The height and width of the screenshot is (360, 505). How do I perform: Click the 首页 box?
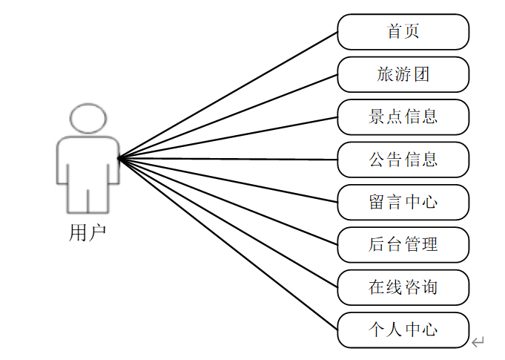pyautogui.click(x=403, y=32)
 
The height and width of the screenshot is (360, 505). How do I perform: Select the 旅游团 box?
pyautogui.click(x=403, y=74)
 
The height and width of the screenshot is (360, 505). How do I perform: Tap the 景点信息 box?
pyautogui.click(x=403, y=117)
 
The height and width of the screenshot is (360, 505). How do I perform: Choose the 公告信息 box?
pyautogui.click(x=403, y=159)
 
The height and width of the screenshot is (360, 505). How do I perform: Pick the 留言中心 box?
pyautogui.click(x=403, y=201)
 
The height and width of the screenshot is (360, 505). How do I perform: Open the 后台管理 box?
pyautogui.click(x=403, y=244)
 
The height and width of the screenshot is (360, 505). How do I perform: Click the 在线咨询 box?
pyautogui.click(x=403, y=287)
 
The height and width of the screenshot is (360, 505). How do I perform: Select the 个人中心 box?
pyautogui.click(x=403, y=330)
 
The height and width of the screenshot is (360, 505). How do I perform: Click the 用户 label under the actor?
pyautogui.click(x=88, y=233)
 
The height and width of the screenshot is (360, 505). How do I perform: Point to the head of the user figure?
pyautogui.click(x=88, y=119)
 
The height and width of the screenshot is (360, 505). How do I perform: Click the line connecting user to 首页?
pyautogui.click(x=228, y=95)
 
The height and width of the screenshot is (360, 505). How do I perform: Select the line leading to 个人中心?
pyautogui.click(x=228, y=243)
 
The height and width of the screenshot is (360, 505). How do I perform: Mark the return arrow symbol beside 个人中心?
pyautogui.click(x=478, y=341)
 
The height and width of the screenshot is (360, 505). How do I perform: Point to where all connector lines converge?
pyautogui.click(x=119, y=157)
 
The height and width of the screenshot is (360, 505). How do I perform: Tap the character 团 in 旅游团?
pyautogui.click(x=422, y=74)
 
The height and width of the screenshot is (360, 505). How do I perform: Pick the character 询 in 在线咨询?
pyautogui.click(x=429, y=287)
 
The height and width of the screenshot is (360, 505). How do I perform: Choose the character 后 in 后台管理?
pyautogui.click(x=377, y=244)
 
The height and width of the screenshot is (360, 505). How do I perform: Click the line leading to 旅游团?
pyautogui.click(x=228, y=116)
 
